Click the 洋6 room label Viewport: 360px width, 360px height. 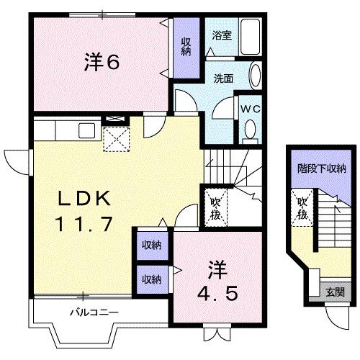point(101,63)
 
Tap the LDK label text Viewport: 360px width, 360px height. point(82,199)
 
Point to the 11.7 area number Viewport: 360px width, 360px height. point(84,224)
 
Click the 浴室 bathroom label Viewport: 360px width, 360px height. point(221,35)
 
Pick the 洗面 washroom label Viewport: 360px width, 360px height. point(222,78)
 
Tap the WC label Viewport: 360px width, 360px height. point(250,109)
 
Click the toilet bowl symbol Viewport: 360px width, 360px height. point(250,130)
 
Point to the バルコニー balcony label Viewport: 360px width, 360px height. point(94,312)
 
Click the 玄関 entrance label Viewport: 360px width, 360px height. point(335,292)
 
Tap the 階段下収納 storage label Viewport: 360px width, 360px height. point(322,169)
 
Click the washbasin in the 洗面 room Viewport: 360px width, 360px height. point(256,76)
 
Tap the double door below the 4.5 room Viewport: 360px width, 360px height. point(217,333)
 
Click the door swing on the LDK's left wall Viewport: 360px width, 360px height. point(15,157)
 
